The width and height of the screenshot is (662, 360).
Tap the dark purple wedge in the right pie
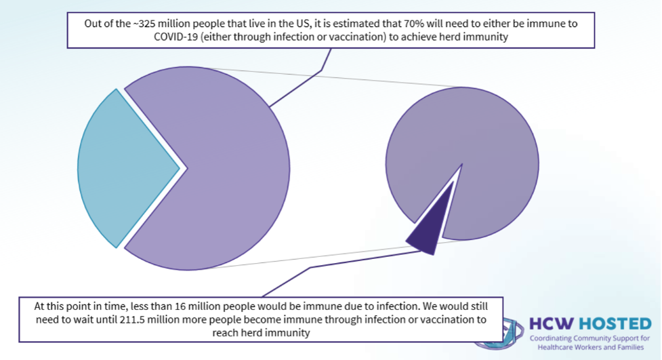coord(427,231)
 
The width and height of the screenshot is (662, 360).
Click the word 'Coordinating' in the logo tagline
coord(554,338)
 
